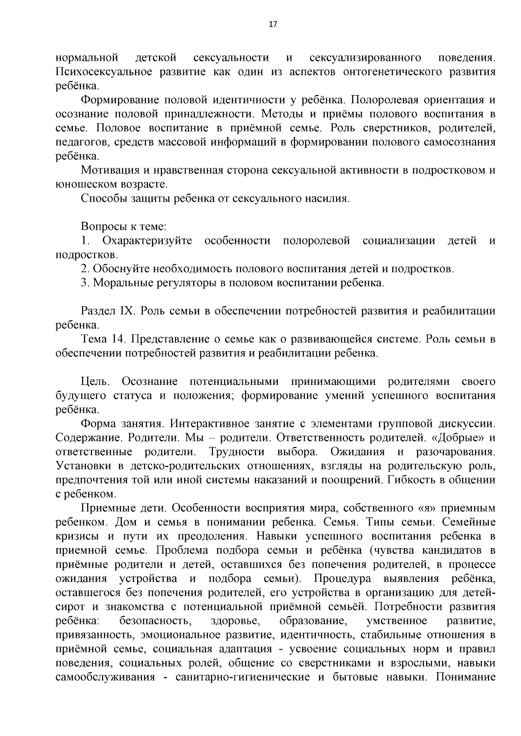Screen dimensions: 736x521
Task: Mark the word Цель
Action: pos(95,381)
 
